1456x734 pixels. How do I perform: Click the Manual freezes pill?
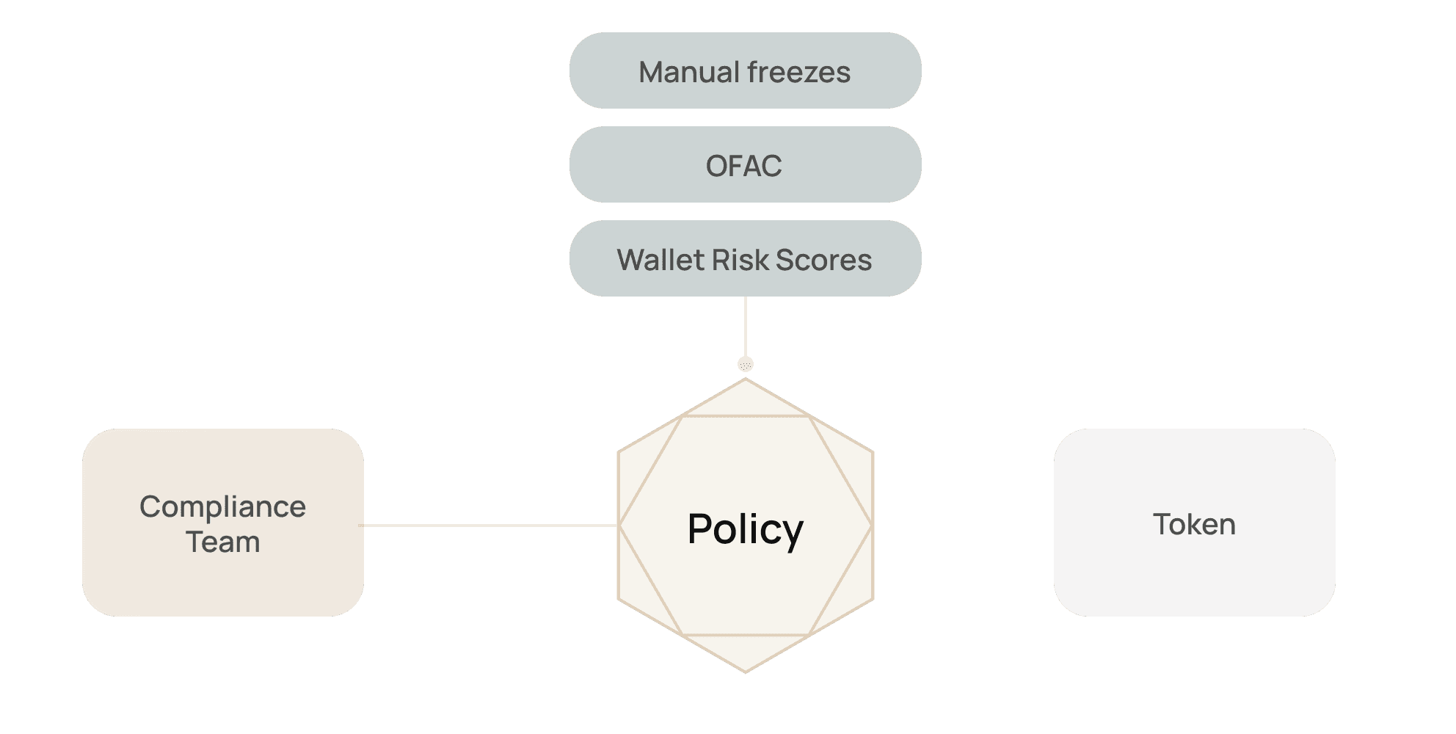pyautogui.click(x=745, y=70)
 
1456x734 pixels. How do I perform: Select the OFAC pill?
pyautogui.click(x=745, y=164)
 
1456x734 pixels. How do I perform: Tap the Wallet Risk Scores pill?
pyautogui.click(x=745, y=258)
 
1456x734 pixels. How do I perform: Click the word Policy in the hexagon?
pyautogui.click(x=745, y=529)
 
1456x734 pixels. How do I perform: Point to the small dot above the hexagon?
pyautogui.click(x=746, y=364)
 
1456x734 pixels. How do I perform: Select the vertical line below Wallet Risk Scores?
pyautogui.click(x=746, y=327)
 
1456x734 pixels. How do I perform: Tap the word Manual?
pyautogui.click(x=689, y=72)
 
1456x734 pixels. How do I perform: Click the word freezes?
pyautogui.click(x=798, y=72)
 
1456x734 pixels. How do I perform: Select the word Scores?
pyautogui.click(x=823, y=260)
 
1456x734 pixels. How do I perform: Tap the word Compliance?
pyautogui.click(x=222, y=507)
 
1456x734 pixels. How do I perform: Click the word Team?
pyautogui.click(x=222, y=542)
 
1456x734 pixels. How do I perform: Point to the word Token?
pyautogui.click(x=1194, y=524)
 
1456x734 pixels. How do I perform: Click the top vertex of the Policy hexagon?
pyautogui.click(x=746, y=379)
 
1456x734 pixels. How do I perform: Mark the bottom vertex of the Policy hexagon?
pyautogui.click(x=746, y=672)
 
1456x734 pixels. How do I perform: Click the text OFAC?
pyautogui.click(x=743, y=166)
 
